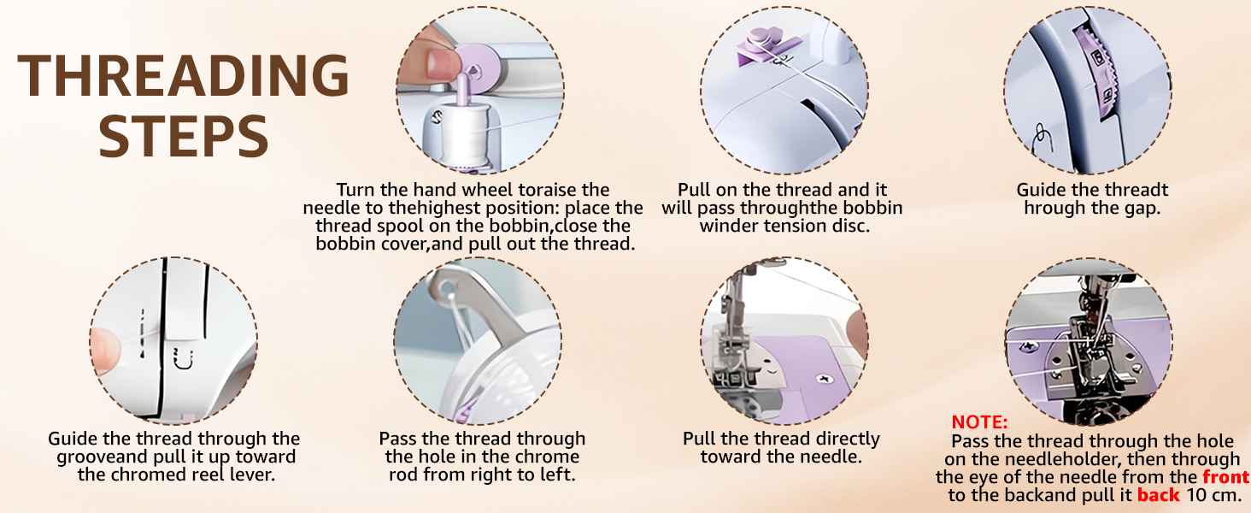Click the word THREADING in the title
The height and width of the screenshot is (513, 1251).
pyautogui.click(x=184, y=76)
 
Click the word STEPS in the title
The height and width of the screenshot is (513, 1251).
pyautogui.click(x=184, y=137)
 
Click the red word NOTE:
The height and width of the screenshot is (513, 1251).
pyautogui.click(x=979, y=422)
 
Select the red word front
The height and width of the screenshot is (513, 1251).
pyautogui.click(x=1225, y=477)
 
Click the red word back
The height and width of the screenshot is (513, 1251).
pyautogui.click(x=1158, y=496)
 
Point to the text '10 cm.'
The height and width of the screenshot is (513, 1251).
pyautogui.click(x=1214, y=496)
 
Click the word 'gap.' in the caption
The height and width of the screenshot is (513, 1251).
pyautogui.click(x=1139, y=209)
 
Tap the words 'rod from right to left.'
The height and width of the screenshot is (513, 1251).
pyautogui.click(x=482, y=475)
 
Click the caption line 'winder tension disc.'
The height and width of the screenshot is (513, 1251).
pyautogui.click(x=784, y=226)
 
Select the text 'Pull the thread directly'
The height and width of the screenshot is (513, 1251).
pyautogui.click(x=781, y=439)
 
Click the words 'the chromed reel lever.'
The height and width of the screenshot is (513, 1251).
pyautogui.click(x=176, y=475)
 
